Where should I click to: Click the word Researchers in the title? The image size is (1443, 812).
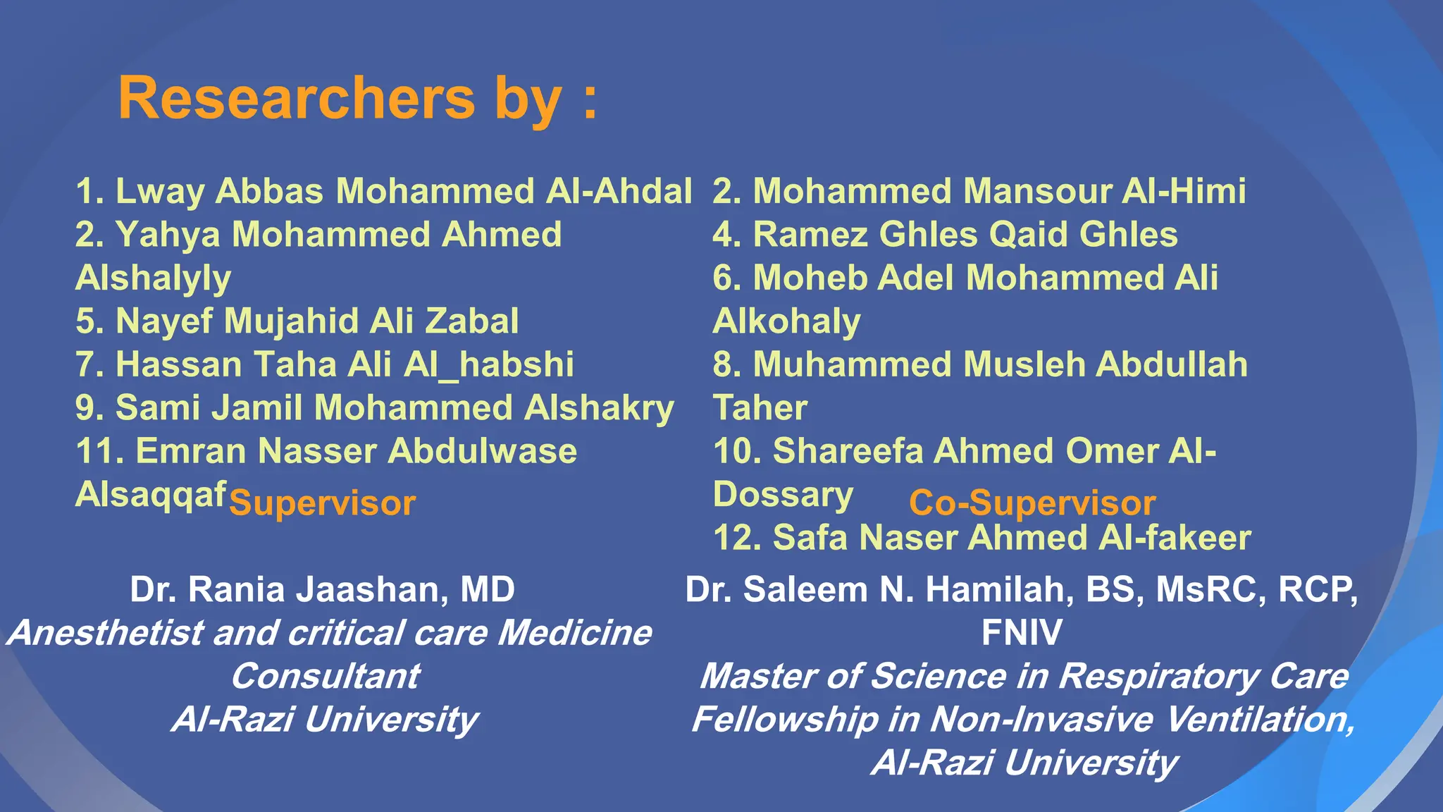[x=297, y=98]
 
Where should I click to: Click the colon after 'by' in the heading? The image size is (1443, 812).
[x=590, y=101]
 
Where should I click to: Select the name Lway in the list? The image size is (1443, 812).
[x=159, y=192]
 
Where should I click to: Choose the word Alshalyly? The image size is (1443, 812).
[x=153, y=278]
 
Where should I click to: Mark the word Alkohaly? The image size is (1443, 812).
[x=786, y=321]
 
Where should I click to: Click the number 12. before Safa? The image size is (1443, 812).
[x=737, y=538]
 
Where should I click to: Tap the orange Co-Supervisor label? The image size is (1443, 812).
[x=1032, y=503]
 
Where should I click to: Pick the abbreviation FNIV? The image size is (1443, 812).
[x=1022, y=632]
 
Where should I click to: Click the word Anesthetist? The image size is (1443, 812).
[x=106, y=633]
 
